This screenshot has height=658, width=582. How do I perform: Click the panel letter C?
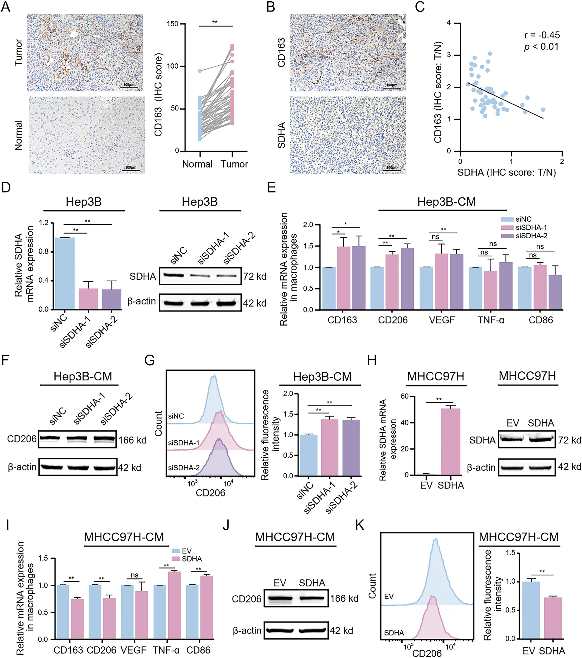coord(420,7)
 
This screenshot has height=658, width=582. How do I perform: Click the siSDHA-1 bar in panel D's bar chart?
coord(88,299)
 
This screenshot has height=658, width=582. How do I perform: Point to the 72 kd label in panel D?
coord(254,276)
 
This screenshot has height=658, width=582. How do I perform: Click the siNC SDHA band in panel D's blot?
coord(174,275)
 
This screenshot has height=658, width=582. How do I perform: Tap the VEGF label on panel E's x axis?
coord(442,320)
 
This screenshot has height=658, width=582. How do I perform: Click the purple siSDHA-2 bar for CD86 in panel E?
coord(555,292)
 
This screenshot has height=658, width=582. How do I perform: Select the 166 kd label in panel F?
coord(132,440)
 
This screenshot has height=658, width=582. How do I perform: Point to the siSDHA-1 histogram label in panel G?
coord(184,443)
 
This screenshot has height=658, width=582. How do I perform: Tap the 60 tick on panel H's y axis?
coord(404,396)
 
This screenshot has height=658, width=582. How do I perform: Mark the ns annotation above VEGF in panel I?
coord(134,575)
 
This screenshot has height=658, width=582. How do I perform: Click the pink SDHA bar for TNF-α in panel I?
coord(174,605)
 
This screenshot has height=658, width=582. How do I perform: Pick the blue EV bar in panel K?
coord(531,610)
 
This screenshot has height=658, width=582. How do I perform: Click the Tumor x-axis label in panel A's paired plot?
coord(234,164)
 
